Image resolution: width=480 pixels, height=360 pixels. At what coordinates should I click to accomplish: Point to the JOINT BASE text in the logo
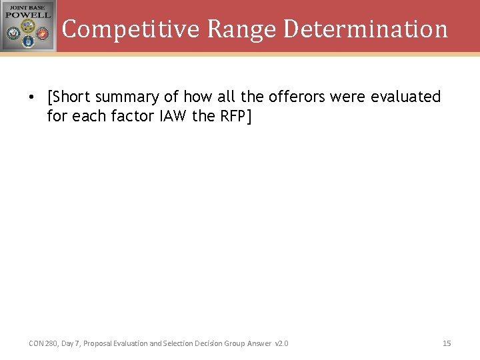pyautogui.click(x=27, y=6)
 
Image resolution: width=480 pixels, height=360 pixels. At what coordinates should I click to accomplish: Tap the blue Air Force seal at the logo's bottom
pyautogui.click(x=28, y=41)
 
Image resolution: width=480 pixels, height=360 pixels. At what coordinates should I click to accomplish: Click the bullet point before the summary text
pyautogui.click(x=31, y=97)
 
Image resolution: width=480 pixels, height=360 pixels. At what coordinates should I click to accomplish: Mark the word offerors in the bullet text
pyautogui.click(x=297, y=97)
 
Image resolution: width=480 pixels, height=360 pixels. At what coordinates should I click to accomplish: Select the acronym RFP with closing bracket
pyautogui.click(x=236, y=115)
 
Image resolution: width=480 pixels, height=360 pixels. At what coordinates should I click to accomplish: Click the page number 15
pyautogui.click(x=447, y=343)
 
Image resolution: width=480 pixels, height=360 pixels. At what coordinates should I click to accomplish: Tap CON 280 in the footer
pyautogui.click(x=43, y=343)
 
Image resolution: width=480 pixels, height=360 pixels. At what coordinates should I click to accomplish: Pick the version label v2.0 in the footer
pyautogui.click(x=281, y=343)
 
